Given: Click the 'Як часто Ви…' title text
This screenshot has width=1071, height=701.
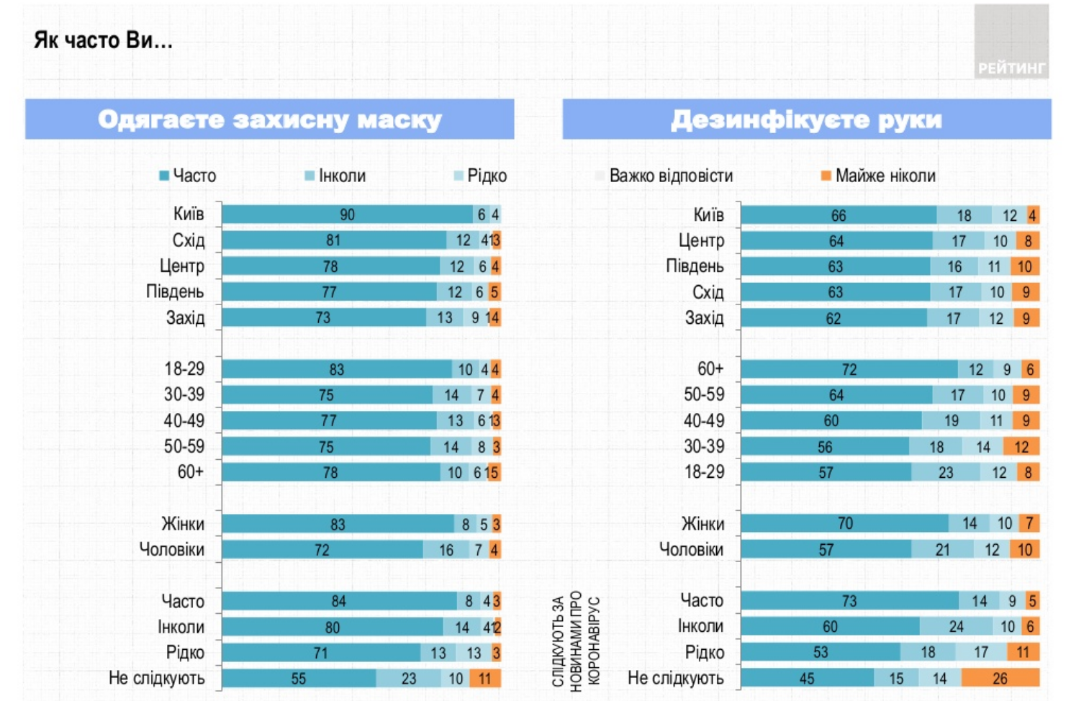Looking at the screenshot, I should [103, 40].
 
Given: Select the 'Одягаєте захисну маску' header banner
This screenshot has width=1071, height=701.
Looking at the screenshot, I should [269, 119].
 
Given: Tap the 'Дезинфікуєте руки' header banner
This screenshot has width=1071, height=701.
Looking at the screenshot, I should [806, 119].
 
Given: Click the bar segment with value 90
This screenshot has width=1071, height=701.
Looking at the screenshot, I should [347, 214].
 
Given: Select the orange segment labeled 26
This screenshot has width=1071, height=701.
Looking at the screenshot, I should [1000, 678].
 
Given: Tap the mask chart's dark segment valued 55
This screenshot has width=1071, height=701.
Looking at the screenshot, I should [299, 678].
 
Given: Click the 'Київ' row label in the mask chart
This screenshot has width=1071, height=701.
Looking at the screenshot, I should [189, 214].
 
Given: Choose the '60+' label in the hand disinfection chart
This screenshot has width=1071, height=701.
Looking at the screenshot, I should [710, 369].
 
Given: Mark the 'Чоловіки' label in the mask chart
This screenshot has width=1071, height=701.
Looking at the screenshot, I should [172, 550].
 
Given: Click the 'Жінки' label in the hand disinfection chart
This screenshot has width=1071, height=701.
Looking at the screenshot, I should [702, 524].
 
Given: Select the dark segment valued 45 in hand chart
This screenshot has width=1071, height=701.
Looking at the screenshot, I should [807, 678].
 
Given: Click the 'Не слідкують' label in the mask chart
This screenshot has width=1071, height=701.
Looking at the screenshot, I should [157, 678].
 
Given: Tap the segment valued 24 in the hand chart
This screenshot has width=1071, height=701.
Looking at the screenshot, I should [956, 627].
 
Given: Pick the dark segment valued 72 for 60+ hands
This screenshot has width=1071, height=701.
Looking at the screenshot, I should [849, 370].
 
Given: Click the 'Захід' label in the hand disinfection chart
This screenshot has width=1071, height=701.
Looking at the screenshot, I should [704, 318].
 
